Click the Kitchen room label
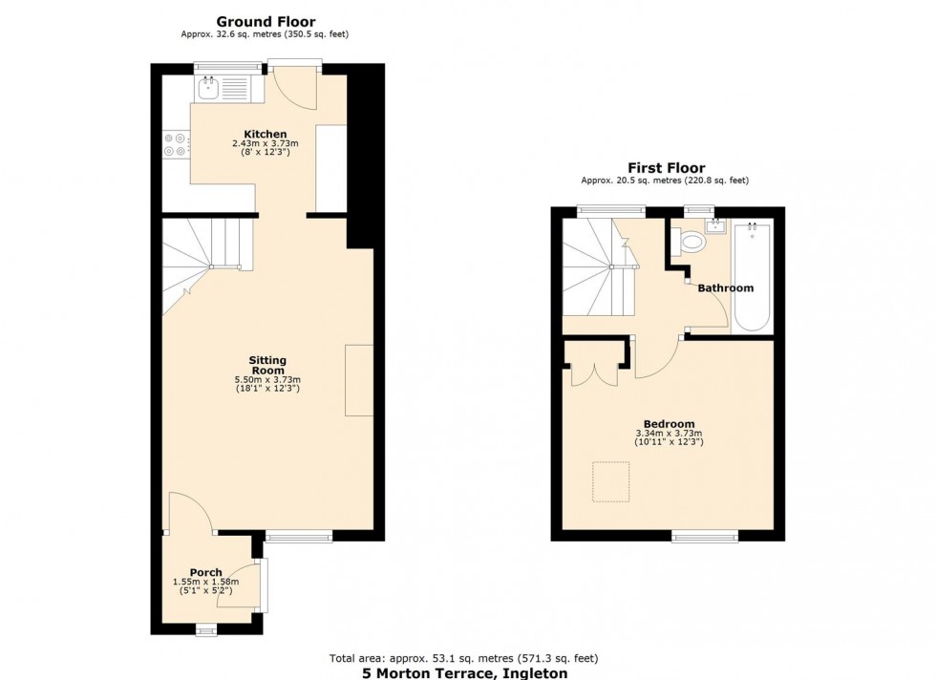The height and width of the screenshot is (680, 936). tap(265, 134)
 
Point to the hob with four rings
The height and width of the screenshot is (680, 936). tap(175, 144)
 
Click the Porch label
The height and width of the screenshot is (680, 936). tap(205, 572)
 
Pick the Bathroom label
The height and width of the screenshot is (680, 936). tap(725, 287)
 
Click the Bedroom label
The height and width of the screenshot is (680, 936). tap(669, 424)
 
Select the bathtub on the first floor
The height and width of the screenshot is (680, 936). tap(753, 276)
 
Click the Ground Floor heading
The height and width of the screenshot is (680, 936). tap(266, 21)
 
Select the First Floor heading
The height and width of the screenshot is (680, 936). tap(666, 168)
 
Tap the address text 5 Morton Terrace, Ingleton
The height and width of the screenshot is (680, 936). tap(464, 672)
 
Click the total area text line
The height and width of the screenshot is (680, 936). tap(464, 658)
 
